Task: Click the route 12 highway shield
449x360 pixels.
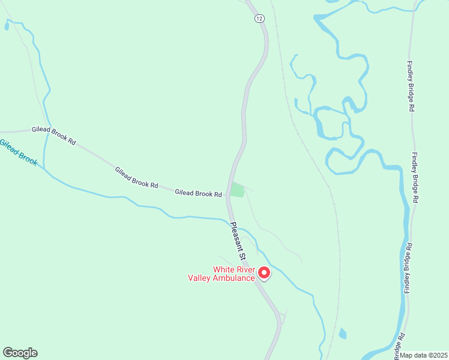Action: [259, 19]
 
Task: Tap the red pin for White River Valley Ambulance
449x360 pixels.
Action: [264, 274]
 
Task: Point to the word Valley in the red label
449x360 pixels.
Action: [200, 278]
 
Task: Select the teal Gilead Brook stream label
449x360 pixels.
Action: [18, 153]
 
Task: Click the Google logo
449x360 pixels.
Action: [20, 353]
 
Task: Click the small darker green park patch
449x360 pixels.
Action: [237, 190]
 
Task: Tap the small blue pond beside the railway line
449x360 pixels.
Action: [342, 333]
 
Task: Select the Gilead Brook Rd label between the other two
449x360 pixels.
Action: [136, 178]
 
